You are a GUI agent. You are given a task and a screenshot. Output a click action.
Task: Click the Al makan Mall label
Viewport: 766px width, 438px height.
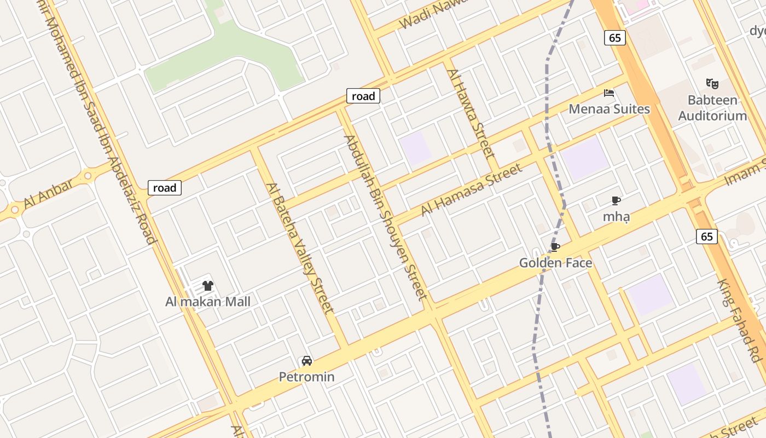point(208,302)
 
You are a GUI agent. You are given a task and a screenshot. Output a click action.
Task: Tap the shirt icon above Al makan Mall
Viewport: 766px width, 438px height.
point(208,285)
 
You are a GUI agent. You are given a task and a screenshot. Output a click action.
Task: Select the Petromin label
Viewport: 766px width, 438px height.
point(306,377)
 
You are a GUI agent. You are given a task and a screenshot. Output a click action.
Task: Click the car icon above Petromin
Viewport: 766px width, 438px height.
point(307,361)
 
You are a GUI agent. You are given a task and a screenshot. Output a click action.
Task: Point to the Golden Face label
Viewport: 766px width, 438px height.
point(555,263)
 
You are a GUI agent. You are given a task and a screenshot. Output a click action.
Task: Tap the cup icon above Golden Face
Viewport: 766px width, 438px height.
point(555,247)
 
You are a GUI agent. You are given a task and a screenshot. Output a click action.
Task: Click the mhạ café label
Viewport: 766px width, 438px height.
point(616,216)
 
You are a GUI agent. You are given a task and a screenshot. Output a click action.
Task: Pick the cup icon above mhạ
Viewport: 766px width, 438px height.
point(616,201)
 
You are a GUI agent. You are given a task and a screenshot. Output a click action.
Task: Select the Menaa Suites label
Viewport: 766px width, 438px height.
point(609,109)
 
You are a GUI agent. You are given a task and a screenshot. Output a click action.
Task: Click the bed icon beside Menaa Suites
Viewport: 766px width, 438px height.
point(608,93)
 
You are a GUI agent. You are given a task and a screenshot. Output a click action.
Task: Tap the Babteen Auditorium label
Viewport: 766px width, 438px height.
point(712,108)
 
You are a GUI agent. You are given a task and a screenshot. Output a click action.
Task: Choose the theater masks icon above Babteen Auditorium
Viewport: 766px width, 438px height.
point(712,84)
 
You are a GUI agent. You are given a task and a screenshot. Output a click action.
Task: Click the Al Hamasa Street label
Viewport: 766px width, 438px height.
point(471,191)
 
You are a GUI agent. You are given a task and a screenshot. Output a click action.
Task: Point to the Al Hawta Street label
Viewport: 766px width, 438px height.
point(470,113)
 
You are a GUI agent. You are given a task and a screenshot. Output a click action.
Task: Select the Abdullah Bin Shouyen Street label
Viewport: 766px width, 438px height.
point(385,217)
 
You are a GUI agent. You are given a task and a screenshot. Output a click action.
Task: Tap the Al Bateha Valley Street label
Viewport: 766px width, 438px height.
point(300,248)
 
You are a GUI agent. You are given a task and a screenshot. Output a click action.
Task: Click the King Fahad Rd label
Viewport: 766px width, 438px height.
point(740,320)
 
